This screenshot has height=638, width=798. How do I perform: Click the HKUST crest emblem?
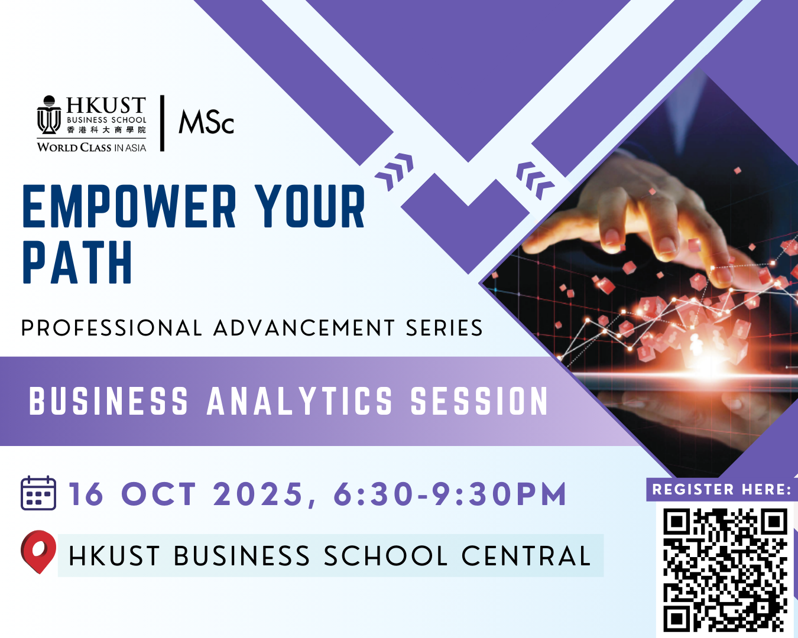coord(49,115)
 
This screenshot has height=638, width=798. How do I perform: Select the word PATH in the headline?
coord(77,262)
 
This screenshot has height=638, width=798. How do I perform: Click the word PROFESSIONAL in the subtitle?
coord(111,328)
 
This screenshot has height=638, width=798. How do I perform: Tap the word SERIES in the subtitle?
coord(444,328)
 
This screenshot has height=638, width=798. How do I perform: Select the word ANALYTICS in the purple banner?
coord(299,402)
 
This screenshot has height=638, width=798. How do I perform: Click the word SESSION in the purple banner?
coord(479,402)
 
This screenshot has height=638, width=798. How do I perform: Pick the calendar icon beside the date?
coord(38,493)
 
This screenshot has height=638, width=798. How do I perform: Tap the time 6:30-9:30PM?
coord(450,494)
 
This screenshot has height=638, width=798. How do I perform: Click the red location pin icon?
coord(38,551)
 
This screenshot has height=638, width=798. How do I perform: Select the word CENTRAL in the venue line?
coord(526,556)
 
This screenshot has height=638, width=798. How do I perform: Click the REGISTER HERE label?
coord(722,489)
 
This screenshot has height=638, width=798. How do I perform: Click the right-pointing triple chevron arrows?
coord(394,172)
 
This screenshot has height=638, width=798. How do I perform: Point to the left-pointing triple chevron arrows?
coord(535,181)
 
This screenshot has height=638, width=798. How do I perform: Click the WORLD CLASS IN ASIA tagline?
coord(92,148)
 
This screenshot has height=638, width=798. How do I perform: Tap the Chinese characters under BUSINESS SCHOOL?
coord(106,130)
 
